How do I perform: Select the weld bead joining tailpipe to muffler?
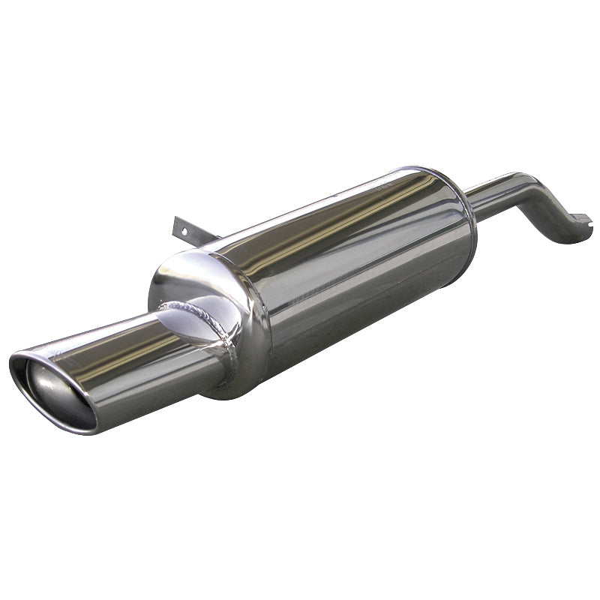coord(222,341)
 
